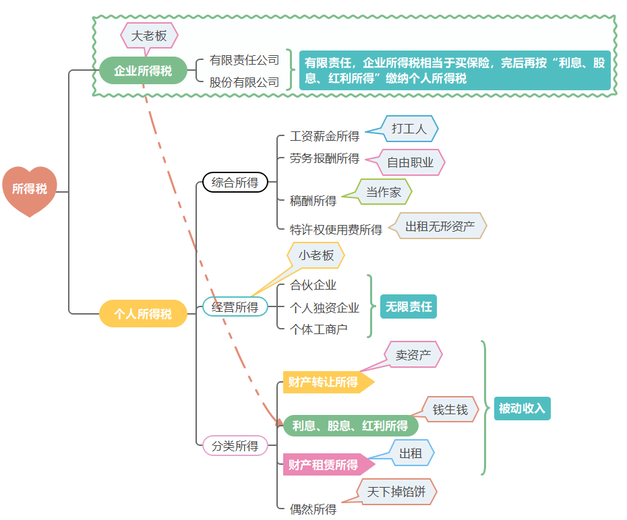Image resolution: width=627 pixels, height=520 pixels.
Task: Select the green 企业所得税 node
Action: click(143, 71)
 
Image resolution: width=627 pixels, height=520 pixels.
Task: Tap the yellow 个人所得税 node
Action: click(143, 314)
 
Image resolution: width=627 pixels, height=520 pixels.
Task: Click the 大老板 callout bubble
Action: click(149, 36)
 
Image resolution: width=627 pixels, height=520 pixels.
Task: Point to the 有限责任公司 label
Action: click(244, 60)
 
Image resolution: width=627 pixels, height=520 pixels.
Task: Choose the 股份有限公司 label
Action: click(244, 82)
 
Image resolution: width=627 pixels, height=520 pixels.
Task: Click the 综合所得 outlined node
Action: click(235, 183)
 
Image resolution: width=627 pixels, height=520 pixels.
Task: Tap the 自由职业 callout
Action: click(410, 162)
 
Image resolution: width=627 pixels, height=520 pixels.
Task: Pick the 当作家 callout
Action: click(383, 192)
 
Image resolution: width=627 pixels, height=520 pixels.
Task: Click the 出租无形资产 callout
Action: click(440, 226)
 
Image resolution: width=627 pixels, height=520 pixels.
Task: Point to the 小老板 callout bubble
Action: click(316, 255)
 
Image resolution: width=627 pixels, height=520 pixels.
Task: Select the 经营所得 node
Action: click(235, 307)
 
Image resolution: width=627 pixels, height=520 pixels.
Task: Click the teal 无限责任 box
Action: click(409, 306)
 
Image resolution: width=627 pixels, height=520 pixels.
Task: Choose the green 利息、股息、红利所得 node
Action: click(350, 426)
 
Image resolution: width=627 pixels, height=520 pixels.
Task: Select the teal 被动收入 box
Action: click(522, 408)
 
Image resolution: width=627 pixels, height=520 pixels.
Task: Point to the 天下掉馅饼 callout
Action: click(396, 492)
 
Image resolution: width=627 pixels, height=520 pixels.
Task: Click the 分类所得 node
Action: click(235, 446)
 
